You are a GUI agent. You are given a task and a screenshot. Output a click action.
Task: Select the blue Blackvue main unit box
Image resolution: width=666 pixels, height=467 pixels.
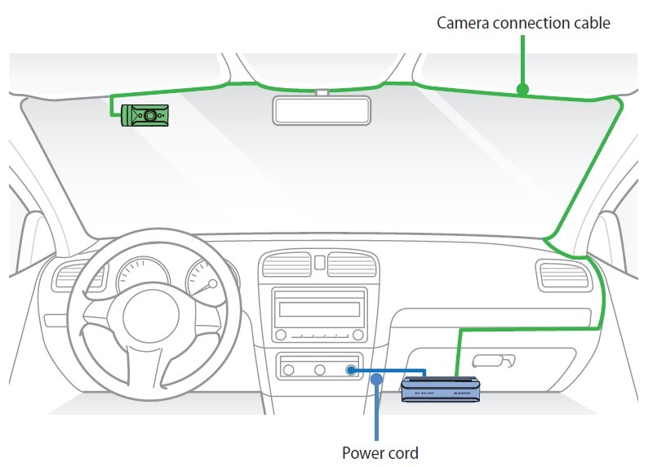pos(441,389)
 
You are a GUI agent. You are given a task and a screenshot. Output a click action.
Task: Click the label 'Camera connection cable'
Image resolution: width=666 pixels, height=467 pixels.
pos(523,23)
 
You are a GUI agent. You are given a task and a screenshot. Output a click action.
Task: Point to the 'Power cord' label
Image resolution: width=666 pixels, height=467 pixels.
pos(380,452)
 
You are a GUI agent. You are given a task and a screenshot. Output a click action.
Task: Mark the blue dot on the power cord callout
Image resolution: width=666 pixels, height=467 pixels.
pos(376,378)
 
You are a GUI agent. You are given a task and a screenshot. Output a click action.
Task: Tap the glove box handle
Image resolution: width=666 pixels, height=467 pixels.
pos(492,360)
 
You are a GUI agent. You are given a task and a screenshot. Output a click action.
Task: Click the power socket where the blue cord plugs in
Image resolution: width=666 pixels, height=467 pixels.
pos(351,370)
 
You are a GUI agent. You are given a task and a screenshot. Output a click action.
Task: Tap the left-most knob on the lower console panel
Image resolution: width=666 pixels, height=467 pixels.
pos(288,370)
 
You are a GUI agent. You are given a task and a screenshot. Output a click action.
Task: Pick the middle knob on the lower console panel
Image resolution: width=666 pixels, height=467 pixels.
pos(319,370)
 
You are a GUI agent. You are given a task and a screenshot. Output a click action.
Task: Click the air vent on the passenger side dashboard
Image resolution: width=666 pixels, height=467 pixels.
pos(563,275)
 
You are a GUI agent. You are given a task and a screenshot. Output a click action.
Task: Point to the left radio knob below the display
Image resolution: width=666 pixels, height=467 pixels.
pos(281,335)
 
